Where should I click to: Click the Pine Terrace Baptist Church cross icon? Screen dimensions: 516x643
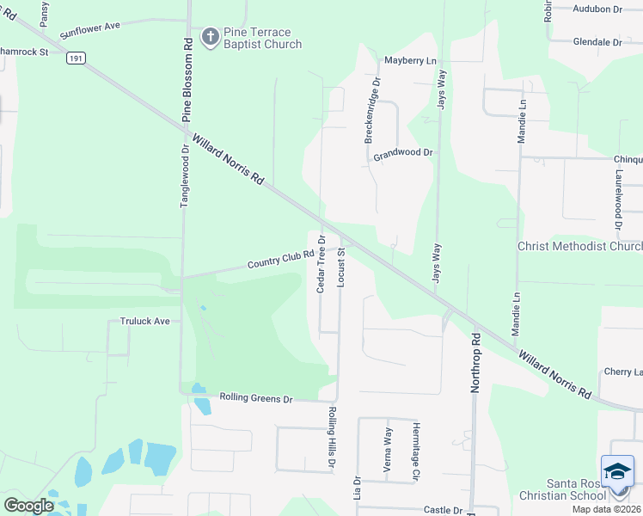pyautogui.click(x=208, y=36)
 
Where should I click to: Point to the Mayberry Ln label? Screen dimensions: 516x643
pyautogui.click(x=410, y=61)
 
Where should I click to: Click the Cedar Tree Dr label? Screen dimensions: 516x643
pyautogui.click(x=321, y=264)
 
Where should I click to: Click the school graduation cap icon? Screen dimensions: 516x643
pyautogui.click(x=617, y=470)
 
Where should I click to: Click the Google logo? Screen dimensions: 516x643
pyautogui.click(x=29, y=505)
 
